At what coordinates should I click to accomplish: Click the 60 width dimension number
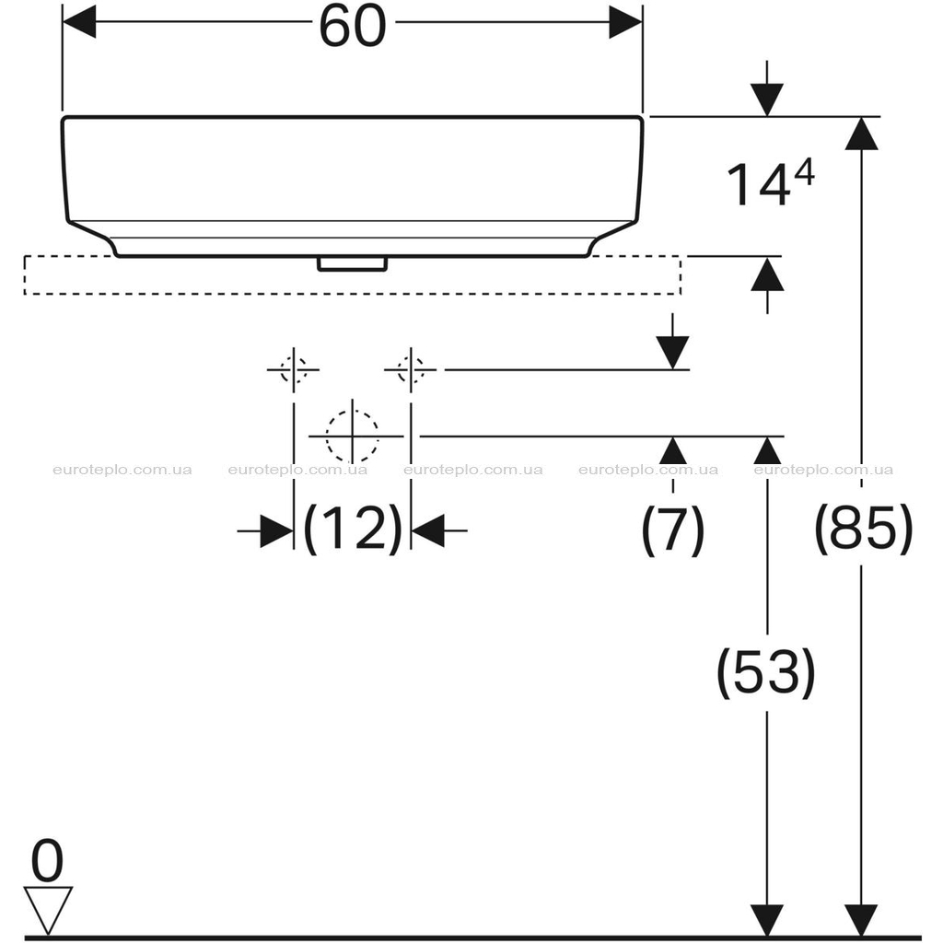pos(352,27)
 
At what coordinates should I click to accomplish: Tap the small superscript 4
pos(804,174)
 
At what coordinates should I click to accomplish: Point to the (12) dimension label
pos(353,530)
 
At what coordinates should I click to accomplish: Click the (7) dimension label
pos(672,530)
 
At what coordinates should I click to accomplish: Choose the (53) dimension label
pos(767,672)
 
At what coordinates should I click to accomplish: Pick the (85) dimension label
pos(864,530)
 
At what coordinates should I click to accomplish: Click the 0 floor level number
pos(47,861)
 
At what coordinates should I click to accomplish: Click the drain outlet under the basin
pos(353,264)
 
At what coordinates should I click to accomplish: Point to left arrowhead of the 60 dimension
pos(79,22)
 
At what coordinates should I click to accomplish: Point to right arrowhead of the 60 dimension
pos(626,22)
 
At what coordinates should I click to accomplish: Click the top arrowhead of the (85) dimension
pos(862,133)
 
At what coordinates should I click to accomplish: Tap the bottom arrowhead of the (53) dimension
pos(767,920)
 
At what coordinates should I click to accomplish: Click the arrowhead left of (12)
pos(277,531)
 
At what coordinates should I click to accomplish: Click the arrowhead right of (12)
pos(427,531)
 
